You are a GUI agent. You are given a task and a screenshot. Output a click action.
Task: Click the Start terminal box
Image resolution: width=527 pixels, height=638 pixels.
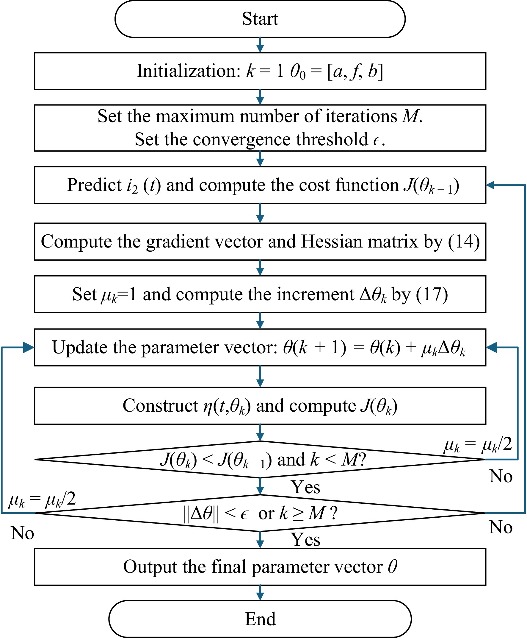pos(260,19)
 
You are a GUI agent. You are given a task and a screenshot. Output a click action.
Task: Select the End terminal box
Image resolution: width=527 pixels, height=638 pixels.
pos(260,619)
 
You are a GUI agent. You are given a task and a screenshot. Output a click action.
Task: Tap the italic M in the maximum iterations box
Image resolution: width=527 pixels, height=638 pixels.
pos(410,116)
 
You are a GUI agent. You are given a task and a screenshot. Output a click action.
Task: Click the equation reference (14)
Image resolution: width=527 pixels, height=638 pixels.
pos(464,242)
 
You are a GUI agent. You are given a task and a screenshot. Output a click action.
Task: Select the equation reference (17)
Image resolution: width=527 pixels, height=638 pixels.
pos(432,294)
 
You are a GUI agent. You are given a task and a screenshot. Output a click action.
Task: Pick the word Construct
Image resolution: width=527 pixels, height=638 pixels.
pos(161,406)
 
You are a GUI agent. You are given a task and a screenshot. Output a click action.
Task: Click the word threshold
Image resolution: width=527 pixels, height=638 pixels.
pos(332,139)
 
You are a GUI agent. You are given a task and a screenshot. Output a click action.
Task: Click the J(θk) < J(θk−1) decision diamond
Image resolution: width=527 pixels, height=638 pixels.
pos(260,459)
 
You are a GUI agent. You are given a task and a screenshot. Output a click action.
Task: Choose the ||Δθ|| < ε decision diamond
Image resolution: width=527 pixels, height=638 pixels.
pos(260,513)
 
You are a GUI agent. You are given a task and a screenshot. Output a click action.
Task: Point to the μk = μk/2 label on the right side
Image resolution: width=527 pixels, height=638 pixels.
pos(478,445)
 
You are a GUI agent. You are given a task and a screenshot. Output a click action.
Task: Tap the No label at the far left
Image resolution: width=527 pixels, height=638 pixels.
pos(22,533)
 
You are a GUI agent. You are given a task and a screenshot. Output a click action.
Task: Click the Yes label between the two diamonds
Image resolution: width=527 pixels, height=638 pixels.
pos(305,487)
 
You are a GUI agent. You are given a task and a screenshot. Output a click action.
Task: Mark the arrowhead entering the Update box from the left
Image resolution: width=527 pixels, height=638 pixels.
pos(29,347)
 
